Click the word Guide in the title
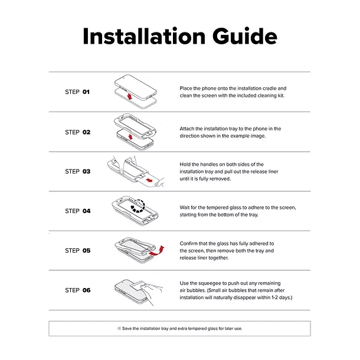click(x=245, y=36)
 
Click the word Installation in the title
click(x=144, y=36)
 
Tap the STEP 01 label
click(x=77, y=92)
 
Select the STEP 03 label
click(x=77, y=171)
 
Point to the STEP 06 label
click(x=77, y=290)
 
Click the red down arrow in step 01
click(x=130, y=96)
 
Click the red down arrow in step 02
click(x=130, y=137)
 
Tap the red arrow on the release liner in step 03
click(x=149, y=180)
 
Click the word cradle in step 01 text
click(x=269, y=89)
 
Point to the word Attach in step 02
click(x=187, y=129)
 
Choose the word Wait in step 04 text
click(x=185, y=208)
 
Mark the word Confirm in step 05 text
click(x=189, y=243)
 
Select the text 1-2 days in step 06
click(x=282, y=297)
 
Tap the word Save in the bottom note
click(x=127, y=329)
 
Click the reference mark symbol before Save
click(x=119, y=329)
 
